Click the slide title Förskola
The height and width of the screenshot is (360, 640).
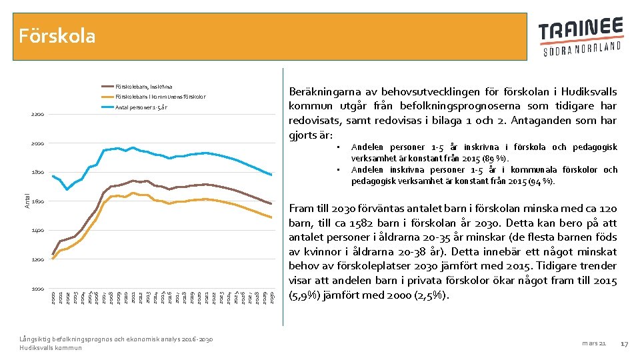(57, 35)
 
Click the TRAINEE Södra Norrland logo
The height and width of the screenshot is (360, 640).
(581, 37)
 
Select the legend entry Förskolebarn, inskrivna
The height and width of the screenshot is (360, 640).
(143, 87)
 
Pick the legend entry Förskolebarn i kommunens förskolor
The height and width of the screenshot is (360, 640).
(160, 97)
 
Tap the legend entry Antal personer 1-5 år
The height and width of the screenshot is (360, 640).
(141, 107)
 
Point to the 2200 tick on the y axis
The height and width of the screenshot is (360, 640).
(37, 115)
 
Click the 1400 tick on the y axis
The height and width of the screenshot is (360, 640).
(37, 231)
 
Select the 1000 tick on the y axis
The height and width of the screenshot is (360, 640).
(37, 289)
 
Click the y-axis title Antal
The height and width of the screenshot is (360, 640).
(27, 200)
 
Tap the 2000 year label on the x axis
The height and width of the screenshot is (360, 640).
(53, 298)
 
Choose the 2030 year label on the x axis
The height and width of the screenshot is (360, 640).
(272, 298)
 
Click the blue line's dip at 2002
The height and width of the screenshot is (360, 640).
(67, 189)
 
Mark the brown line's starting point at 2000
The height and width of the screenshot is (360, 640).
(53, 254)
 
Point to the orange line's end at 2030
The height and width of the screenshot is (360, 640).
(271, 217)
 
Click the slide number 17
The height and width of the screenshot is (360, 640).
(625, 343)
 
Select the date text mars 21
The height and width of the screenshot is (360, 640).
(593, 343)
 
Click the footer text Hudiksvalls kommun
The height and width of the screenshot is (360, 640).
(51, 348)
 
